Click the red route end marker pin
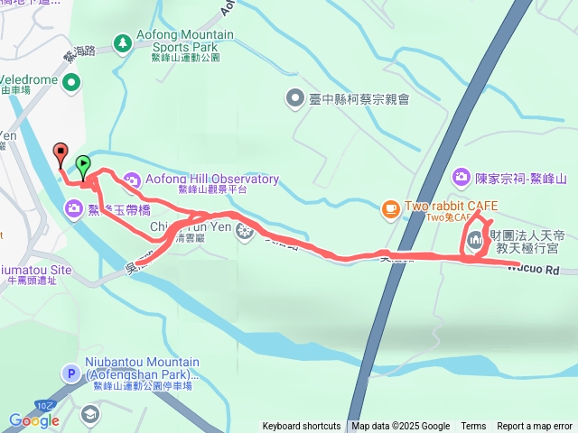(x=61, y=152)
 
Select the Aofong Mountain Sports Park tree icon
(x=123, y=41)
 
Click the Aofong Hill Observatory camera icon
(x=132, y=179)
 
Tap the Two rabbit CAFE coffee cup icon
(x=390, y=207)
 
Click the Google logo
(x=34, y=420)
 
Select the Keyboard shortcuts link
(x=302, y=427)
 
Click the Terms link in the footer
(x=473, y=427)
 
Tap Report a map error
(x=535, y=427)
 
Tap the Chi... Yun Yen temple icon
(x=243, y=233)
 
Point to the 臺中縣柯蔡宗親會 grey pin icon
(x=295, y=97)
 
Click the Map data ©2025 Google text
(x=401, y=427)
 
